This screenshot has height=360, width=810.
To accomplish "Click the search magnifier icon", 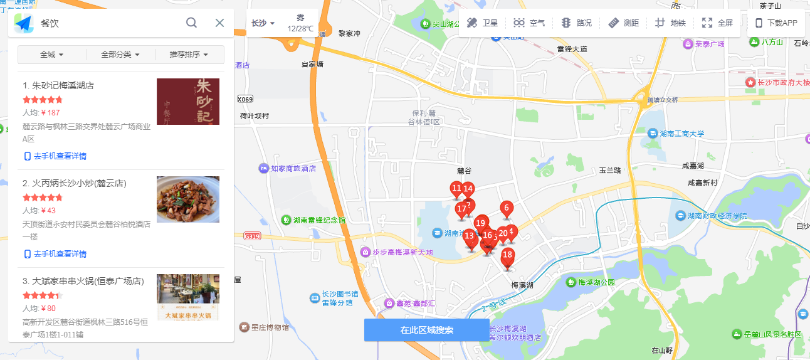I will pos(192,23).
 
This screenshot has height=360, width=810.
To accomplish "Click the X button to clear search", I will pos(219,23).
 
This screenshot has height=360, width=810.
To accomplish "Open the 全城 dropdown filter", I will pos(52,55).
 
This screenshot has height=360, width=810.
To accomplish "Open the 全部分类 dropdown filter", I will pos(120,55).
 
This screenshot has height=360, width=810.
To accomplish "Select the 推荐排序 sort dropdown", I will pos(189,55).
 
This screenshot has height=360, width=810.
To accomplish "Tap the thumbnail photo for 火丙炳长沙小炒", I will pos(188,199).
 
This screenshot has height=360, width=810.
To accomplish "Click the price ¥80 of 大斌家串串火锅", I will pos(48,308).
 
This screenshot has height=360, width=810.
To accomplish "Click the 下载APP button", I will pos(776,23).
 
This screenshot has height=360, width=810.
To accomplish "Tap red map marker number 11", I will pos(456,189).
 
